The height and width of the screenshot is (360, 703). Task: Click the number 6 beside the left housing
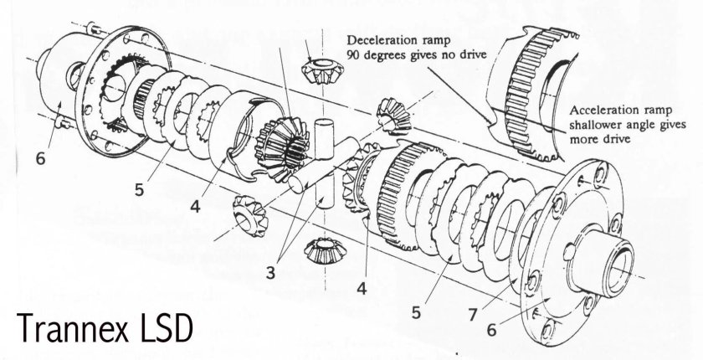click(39, 157)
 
